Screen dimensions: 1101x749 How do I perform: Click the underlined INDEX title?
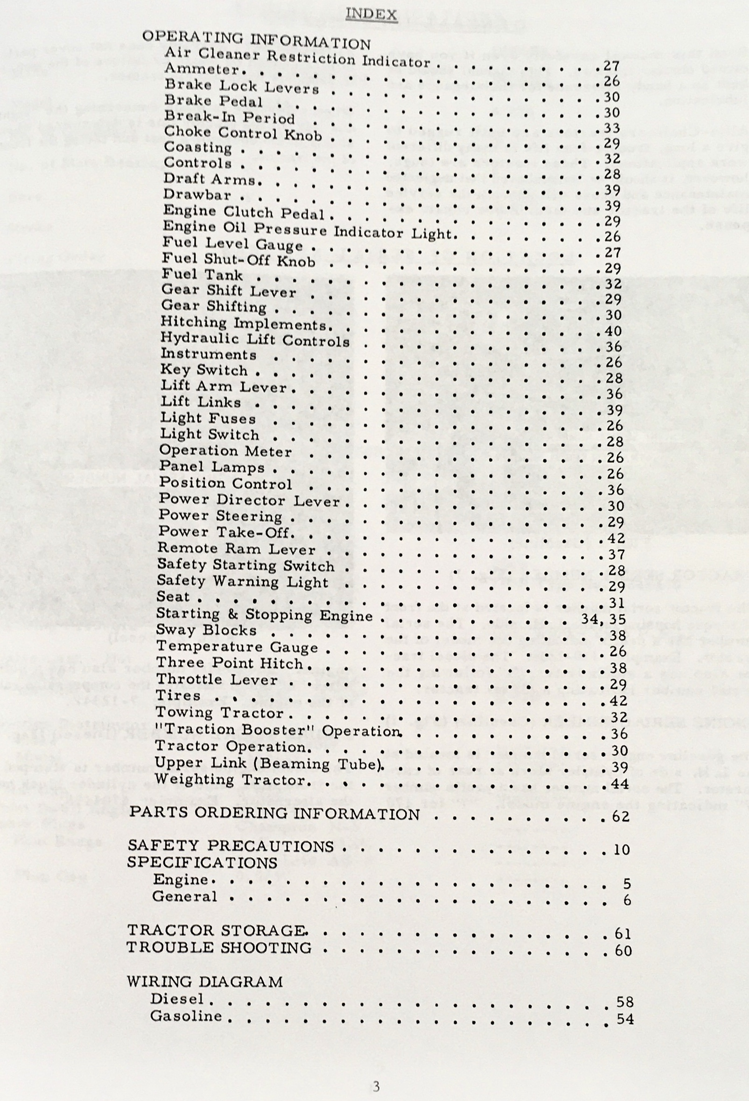(371, 14)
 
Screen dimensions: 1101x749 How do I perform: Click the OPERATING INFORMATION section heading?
(256, 40)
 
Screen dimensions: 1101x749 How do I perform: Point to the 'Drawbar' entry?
(197, 195)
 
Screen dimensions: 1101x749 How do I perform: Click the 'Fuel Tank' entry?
(202, 275)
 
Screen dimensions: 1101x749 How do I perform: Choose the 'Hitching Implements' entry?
(244, 324)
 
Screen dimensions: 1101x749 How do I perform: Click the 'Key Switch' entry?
(204, 370)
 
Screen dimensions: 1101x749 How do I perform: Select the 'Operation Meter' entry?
(225, 450)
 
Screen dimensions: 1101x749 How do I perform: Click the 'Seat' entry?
(173, 596)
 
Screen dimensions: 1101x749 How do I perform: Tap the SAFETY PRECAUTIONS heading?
(231, 846)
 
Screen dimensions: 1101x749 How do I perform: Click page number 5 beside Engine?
(627, 883)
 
